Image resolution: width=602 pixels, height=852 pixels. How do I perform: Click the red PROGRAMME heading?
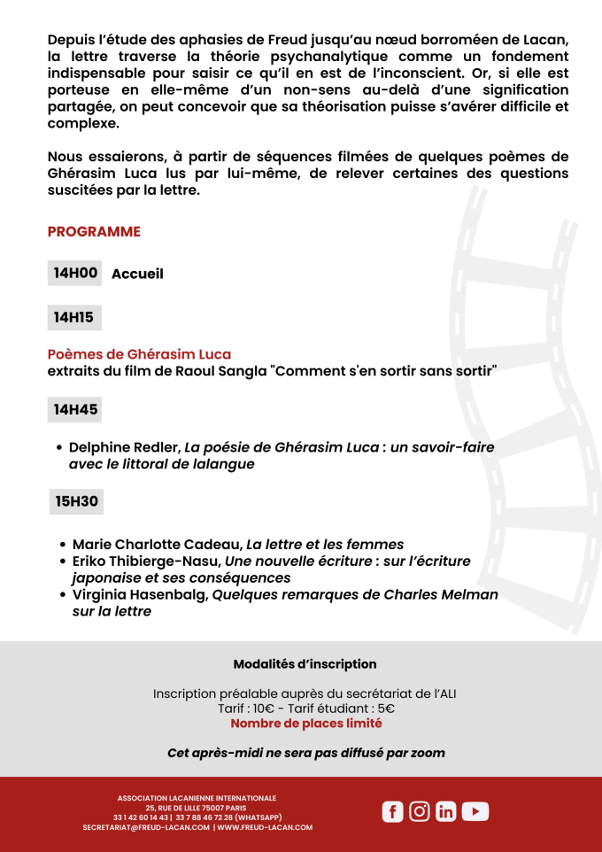pyautogui.click(x=94, y=232)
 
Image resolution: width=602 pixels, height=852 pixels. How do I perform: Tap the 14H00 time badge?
pyautogui.click(x=75, y=273)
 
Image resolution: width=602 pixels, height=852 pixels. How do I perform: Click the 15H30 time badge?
pyautogui.click(x=76, y=501)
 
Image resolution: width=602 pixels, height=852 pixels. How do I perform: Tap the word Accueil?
pyautogui.click(x=137, y=274)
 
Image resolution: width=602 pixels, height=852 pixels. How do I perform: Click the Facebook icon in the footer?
pyautogui.click(x=392, y=811)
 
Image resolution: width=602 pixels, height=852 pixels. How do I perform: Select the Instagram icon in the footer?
pyautogui.click(x=420, y=811)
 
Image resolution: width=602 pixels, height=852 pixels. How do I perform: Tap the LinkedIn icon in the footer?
pyautogui.click(x=446, y=811)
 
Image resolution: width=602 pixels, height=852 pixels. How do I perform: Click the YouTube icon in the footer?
pyautogui.click(x=475, y=811)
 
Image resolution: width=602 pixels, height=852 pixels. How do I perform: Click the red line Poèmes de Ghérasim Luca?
pyautogui.click(x=139, y=354)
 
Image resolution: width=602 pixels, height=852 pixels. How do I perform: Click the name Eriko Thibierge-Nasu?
pyautogui.click(x=146, y=561)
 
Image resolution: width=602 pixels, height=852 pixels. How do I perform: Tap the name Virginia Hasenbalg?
pyautogui.click(x=140, y=594)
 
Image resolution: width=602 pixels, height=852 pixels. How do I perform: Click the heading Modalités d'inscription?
pyautogui.click(x=305, y=664)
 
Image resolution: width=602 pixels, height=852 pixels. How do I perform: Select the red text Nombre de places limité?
pyautogui.click(x=305, y=724)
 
